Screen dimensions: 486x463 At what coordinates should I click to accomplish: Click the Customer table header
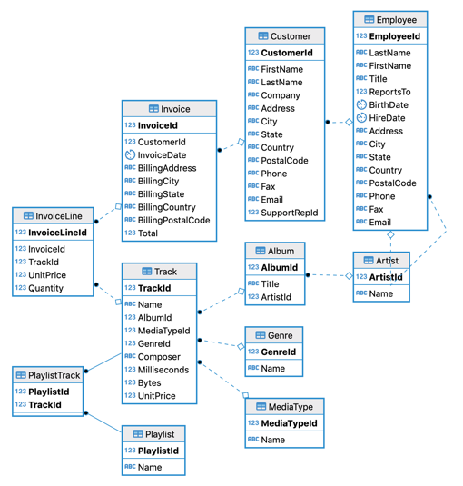[x=284, y=36]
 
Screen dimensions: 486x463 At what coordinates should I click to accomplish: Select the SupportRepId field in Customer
[x=290, y=213]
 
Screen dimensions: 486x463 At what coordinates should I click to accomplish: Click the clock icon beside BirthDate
[x=361, y=104]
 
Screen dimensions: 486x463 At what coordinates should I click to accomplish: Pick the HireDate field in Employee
[x=387, y=118]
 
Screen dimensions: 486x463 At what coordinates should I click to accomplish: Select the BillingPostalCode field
[x=173, y=220]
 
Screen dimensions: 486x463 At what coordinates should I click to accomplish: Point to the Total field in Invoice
[x=147, y=233]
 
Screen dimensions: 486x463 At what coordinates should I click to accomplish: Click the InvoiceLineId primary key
[x=57, y=233]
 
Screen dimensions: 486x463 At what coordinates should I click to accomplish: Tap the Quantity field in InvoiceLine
[x=45, y=288]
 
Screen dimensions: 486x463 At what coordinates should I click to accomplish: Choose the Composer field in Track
[x=158, y=357]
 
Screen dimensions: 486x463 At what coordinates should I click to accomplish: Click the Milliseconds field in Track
[x=163, y=370]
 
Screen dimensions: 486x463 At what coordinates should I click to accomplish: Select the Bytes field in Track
[x=150, y=383]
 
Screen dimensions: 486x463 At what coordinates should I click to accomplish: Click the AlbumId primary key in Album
[x=280, y=268]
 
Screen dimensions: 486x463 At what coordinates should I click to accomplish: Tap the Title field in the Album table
[x=270, y=284]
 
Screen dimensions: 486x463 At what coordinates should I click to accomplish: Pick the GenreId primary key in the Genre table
[x=279, y=352]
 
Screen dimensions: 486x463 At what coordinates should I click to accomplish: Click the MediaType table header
[x=284, y=406]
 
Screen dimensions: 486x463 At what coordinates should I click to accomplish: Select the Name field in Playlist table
[x=150, y=467]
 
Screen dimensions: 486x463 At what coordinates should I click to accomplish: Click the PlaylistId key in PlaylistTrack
[x=48, y=392]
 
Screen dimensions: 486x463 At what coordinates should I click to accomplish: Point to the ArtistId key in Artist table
[x=386, y=277]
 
